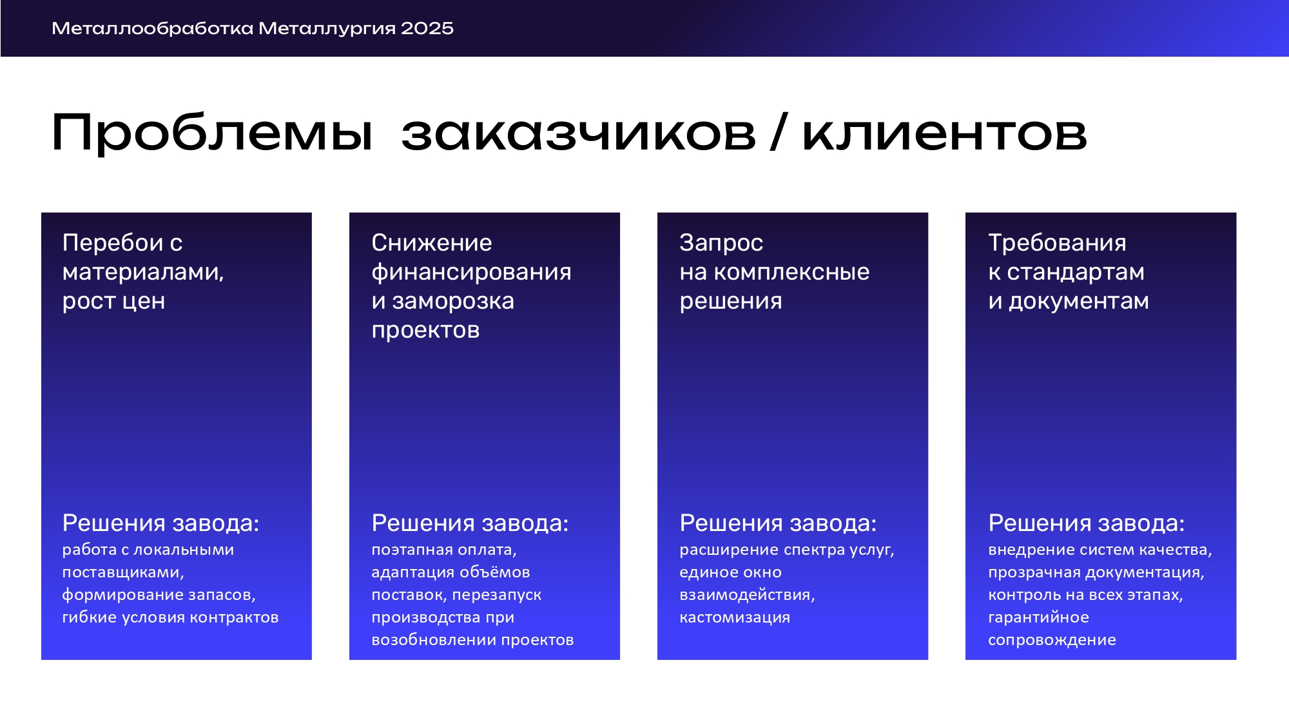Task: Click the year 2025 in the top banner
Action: pos(427,28)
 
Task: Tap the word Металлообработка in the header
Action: pos(152,28)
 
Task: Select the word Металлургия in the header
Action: pos(327,29)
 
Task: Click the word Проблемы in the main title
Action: pos(212,133)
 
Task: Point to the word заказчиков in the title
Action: pos(578,133)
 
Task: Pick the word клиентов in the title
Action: pos(944,133)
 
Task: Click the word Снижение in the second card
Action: pos(432,243)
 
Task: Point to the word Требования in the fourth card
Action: pos(1057,243)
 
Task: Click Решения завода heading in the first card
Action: pos(160,523)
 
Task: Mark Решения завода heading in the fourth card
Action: pos(1087,523)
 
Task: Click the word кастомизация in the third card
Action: pos(735,617)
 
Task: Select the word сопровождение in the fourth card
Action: pos(1052,640)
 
